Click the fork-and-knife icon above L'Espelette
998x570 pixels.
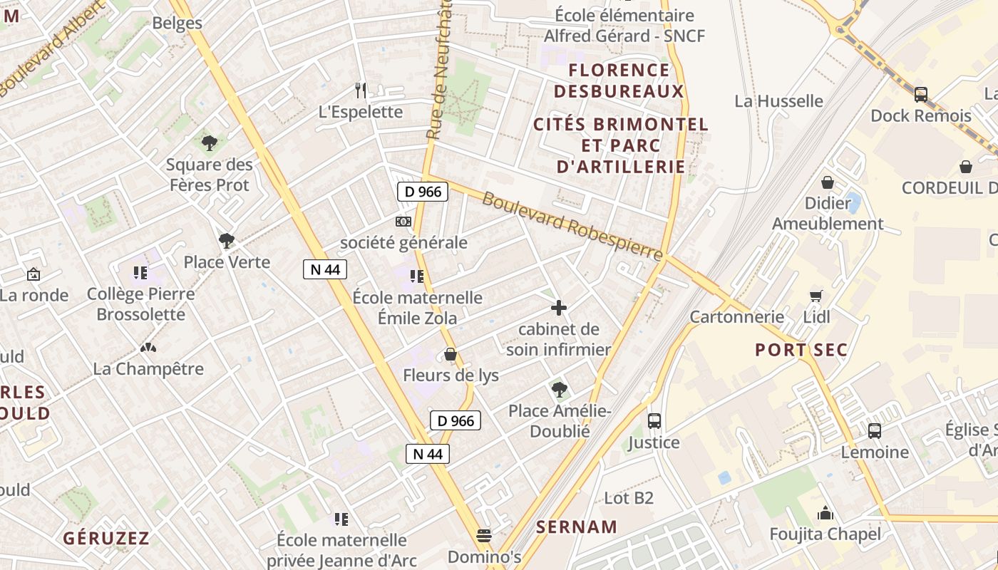click(x=361, y=90)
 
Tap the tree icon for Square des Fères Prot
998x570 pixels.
click(x=209, y=143)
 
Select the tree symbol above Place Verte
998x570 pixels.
click(x=227, y=241)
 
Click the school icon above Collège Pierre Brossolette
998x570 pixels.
click(x=140, y=272)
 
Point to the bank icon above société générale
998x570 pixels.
click(x=403, y=222)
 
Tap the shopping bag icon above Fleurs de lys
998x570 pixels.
click(x=451, y=353)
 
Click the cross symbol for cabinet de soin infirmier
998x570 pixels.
click(x=559, y=308)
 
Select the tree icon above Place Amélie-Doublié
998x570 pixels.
click(x=560, y=390)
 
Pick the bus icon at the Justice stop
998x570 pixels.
click(x=654, y=421)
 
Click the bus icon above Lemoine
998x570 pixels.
click(x=875, y=430)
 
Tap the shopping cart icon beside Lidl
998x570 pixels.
click(x=816, y=296)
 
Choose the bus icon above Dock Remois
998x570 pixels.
click(x=921, y=94)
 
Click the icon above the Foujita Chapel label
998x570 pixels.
click(x=825, y=512)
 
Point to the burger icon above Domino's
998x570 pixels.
click(x=485, y=535)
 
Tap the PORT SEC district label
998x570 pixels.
click(x=802, y=350)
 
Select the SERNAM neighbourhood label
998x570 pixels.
click(x=577, y=527)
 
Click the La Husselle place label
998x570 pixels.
click(x=778, y=101)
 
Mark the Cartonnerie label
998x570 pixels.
click(x=737, y=317)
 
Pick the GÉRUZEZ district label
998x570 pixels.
click(x=106, y=538)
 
